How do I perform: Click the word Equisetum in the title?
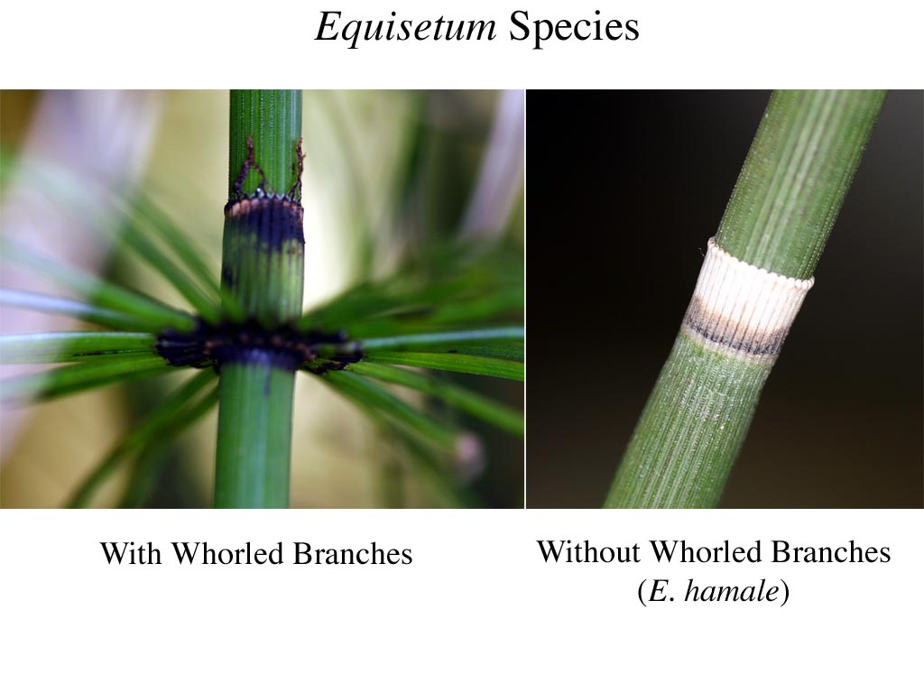coord(405,27)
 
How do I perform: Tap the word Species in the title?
coord(573,26)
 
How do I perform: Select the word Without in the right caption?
coord(588,551)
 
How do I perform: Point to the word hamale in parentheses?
coord(731,590)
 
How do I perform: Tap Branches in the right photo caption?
coord(830,551)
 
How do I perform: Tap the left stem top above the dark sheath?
coord(265,142)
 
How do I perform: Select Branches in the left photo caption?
coord(353,553)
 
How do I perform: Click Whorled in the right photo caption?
coord(705,551)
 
